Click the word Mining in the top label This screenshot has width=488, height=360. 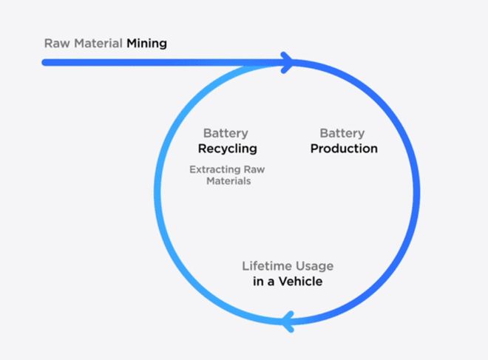(146, 43)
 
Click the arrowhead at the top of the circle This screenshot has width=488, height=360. (288, 62)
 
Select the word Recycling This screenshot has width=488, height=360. (227, 149)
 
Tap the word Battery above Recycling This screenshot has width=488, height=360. (226, 134)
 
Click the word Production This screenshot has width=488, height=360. (344, 149)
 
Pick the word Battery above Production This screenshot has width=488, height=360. (342, 134)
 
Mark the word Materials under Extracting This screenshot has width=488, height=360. (228, 180)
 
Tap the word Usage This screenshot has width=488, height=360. (314, 266)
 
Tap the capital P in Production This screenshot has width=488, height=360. (314, 149)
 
